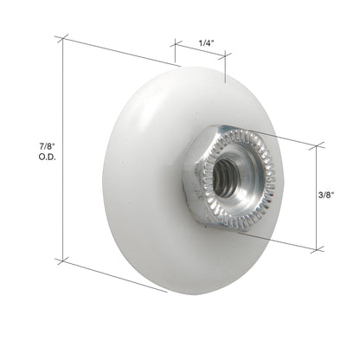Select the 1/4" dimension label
(x=205, y=42)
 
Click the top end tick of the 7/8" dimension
(x=61, y=38)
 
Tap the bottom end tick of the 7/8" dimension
(x=62, y=258)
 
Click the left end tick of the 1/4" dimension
(x=173, y=42)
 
